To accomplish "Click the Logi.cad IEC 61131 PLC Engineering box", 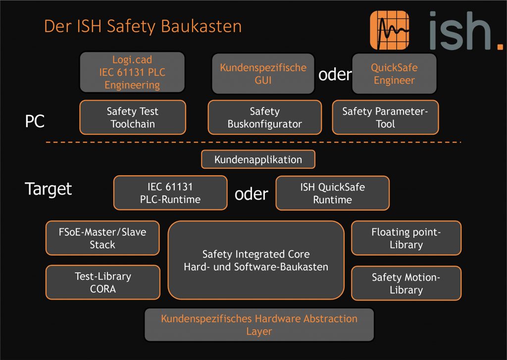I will point(132,72).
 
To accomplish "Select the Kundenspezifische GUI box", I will point(263,74).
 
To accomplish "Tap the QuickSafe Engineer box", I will point(394,74).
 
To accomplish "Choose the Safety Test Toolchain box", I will point(132,117).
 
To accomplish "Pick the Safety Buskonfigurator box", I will point(264,117).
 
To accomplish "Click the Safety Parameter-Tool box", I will point(385,117).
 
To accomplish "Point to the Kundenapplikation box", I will point(258,159).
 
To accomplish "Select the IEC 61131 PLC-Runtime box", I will point(170,193).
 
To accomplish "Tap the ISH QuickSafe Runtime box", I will point(332,193).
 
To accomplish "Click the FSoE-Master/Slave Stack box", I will point(102,238).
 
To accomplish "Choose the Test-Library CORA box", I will point(102,282).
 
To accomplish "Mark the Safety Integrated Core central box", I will point(256,260).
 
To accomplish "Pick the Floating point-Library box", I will point(406,238).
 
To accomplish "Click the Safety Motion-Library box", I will point(406,283).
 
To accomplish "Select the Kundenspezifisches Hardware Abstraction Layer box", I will point(259,324).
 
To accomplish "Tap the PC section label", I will point(35,121).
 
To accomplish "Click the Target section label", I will point(49,189).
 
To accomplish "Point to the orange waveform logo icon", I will point(389,31).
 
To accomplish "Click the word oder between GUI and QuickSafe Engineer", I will point(335,75).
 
